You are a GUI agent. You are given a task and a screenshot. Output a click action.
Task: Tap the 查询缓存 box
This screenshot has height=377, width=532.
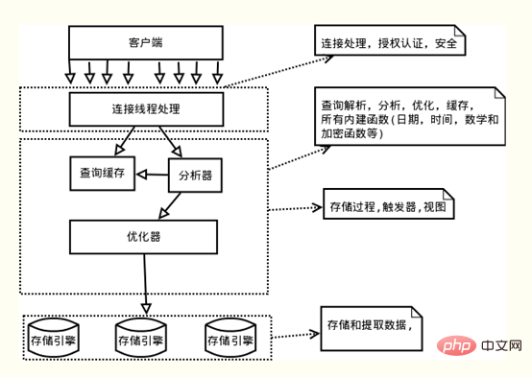(102, 174)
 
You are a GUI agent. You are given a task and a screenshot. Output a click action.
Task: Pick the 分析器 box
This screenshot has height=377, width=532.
(195, 175)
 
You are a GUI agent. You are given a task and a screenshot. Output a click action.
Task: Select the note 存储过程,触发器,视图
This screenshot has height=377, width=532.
(386, 205)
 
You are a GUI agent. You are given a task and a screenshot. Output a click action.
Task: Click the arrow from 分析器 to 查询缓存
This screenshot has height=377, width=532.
(152, 175)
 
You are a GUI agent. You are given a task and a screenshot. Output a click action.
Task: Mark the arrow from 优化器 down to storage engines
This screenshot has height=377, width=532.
(145, 282)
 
